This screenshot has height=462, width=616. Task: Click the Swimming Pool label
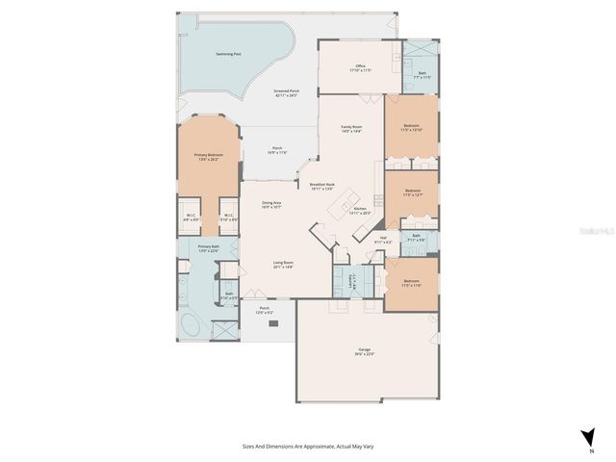(x=227, y=54)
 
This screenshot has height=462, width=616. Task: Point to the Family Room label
(x=351, y=128)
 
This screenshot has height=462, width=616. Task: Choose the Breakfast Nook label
(x=322, y=186)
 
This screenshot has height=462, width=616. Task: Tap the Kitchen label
(x=361, y=210)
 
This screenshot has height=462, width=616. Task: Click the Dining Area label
(x=271, y=204)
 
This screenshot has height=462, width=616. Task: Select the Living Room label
(x=282, y=264)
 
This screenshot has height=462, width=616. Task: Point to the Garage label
(x=365, y=350)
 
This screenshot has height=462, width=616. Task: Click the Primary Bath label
(x=209, y=248)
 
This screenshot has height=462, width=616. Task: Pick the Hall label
(x=383, y=240)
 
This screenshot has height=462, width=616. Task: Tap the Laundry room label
(x=352, y=282)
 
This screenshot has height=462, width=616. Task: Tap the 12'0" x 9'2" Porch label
(x=265, y=311)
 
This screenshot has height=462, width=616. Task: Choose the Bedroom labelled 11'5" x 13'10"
(x=411, y=127)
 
